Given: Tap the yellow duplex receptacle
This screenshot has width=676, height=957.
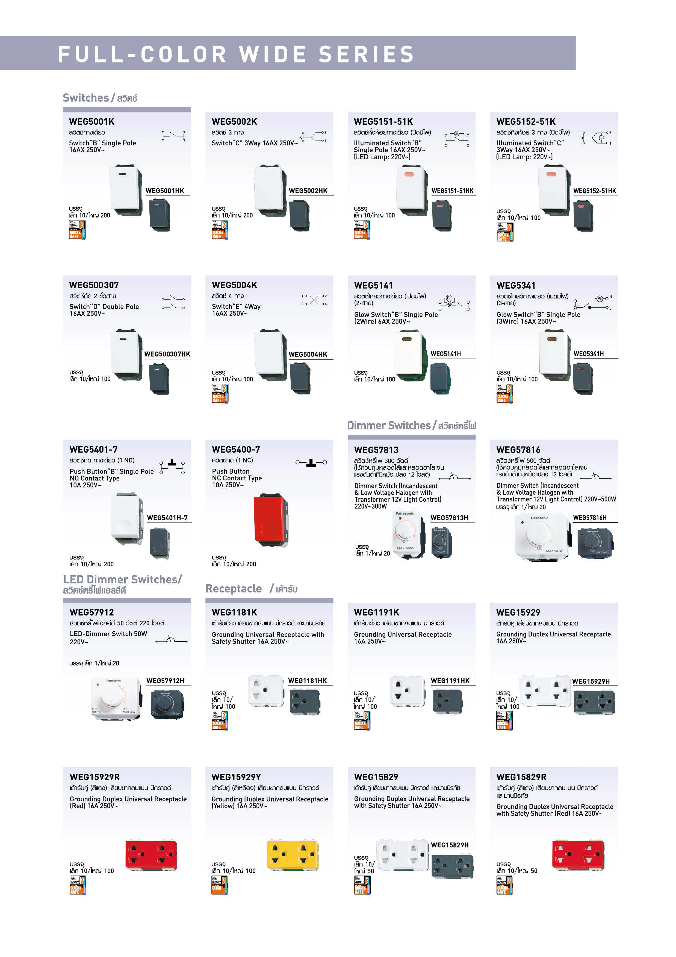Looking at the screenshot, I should (x=292, y=855).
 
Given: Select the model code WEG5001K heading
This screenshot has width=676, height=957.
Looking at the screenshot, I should (x=91, y=122).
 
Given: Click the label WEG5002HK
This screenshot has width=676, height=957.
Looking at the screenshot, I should (x=308, y=191).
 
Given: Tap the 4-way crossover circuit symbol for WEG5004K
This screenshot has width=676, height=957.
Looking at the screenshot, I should (x=314, y=300).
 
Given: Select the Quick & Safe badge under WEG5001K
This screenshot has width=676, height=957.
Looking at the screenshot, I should (x=77, y=230).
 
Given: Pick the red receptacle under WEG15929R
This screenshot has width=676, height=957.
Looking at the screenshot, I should (x=151, y=855).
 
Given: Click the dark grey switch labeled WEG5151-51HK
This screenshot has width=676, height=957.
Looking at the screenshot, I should (x=442, y=215).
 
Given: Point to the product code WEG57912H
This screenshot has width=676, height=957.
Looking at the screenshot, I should (x=165, y=681).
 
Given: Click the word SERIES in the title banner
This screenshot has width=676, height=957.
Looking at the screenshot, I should (x=366, y=54).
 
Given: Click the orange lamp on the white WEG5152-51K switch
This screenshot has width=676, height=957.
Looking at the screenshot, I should (x=551, y=174).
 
